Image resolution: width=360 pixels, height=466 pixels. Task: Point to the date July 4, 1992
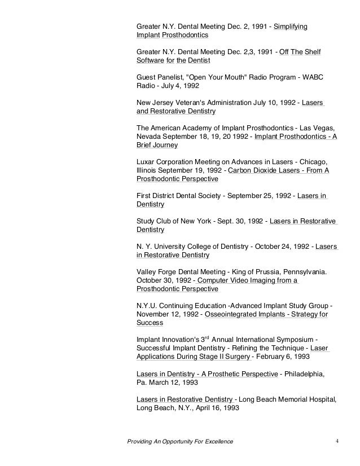point(179,86)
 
